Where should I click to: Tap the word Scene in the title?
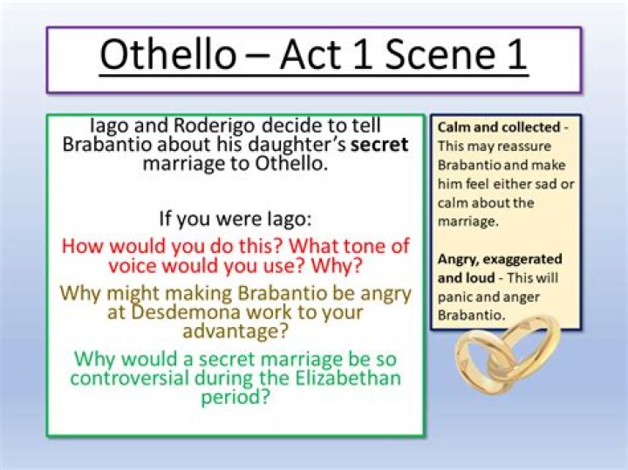point(422,54)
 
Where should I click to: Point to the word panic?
point(455,297)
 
